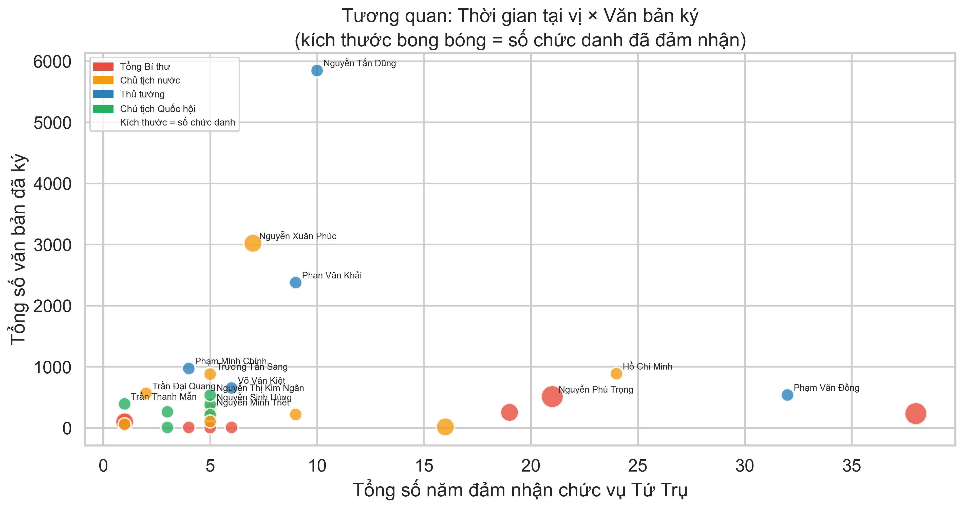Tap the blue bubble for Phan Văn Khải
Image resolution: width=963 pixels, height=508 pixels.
[295, 282]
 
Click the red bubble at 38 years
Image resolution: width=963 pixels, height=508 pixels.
[916, 414]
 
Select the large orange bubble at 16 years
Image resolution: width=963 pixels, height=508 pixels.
[445, 426]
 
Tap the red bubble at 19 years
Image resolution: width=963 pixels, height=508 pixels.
[509, 412]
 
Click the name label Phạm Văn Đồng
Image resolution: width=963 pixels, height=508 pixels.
[826, 388]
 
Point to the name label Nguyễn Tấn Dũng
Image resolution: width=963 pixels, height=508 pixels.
[359, 64]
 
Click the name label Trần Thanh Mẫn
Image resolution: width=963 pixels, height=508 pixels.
[164, 397]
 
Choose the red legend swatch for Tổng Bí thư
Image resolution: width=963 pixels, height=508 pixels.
[103, 67]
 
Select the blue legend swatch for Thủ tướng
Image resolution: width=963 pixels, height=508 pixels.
[103, 94]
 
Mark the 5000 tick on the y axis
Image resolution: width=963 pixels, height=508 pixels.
[52, 123]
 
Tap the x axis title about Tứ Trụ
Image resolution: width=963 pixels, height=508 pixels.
[520, 490]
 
